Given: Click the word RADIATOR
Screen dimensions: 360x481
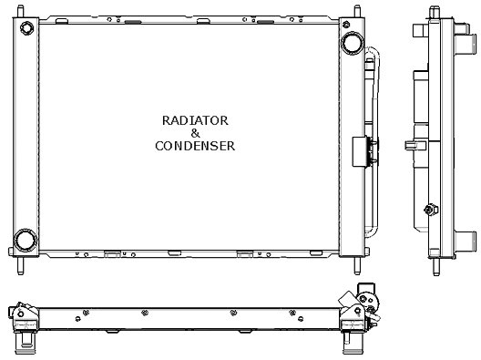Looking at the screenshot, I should [x=194, y=119].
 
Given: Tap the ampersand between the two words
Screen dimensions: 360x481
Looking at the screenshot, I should [x=194, y=132].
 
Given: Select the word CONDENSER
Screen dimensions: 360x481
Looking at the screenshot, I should [x=194, y=145].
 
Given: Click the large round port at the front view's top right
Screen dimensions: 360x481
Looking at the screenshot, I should [x=351, y=44].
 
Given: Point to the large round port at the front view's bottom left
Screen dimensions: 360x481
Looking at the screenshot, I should [x=24, y=241].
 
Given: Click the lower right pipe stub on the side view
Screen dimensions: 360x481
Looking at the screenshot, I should [x=465, y=241].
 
